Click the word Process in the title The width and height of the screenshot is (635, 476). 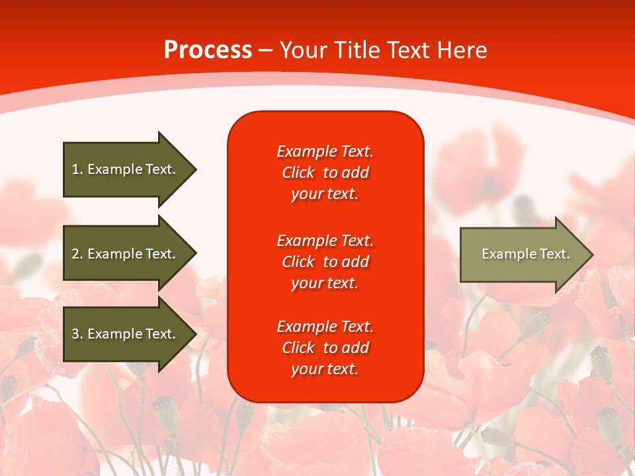(x=208, y=50)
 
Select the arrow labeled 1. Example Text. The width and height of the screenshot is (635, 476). (x=130, y=170)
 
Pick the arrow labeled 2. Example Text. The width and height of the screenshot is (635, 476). (x=130, y=253)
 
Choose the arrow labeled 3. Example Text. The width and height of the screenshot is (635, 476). (x=130, y=334)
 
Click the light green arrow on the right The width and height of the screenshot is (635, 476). (x=527, y=255)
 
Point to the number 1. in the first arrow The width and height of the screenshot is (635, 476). (x=77, y=169)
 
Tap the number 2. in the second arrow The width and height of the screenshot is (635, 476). (x=77, y=254)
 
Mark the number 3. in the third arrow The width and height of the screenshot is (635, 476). (x=77, y=333)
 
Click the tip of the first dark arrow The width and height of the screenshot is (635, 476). (x=197, y=170)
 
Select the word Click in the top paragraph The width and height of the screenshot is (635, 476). (x=298, y=173)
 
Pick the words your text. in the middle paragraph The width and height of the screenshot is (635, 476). (x=325, y=284)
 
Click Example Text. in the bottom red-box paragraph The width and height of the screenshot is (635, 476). (x=325, y=326)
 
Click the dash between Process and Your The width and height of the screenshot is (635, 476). (x=266, y=51)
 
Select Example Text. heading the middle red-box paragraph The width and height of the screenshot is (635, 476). (x=325, y=241)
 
